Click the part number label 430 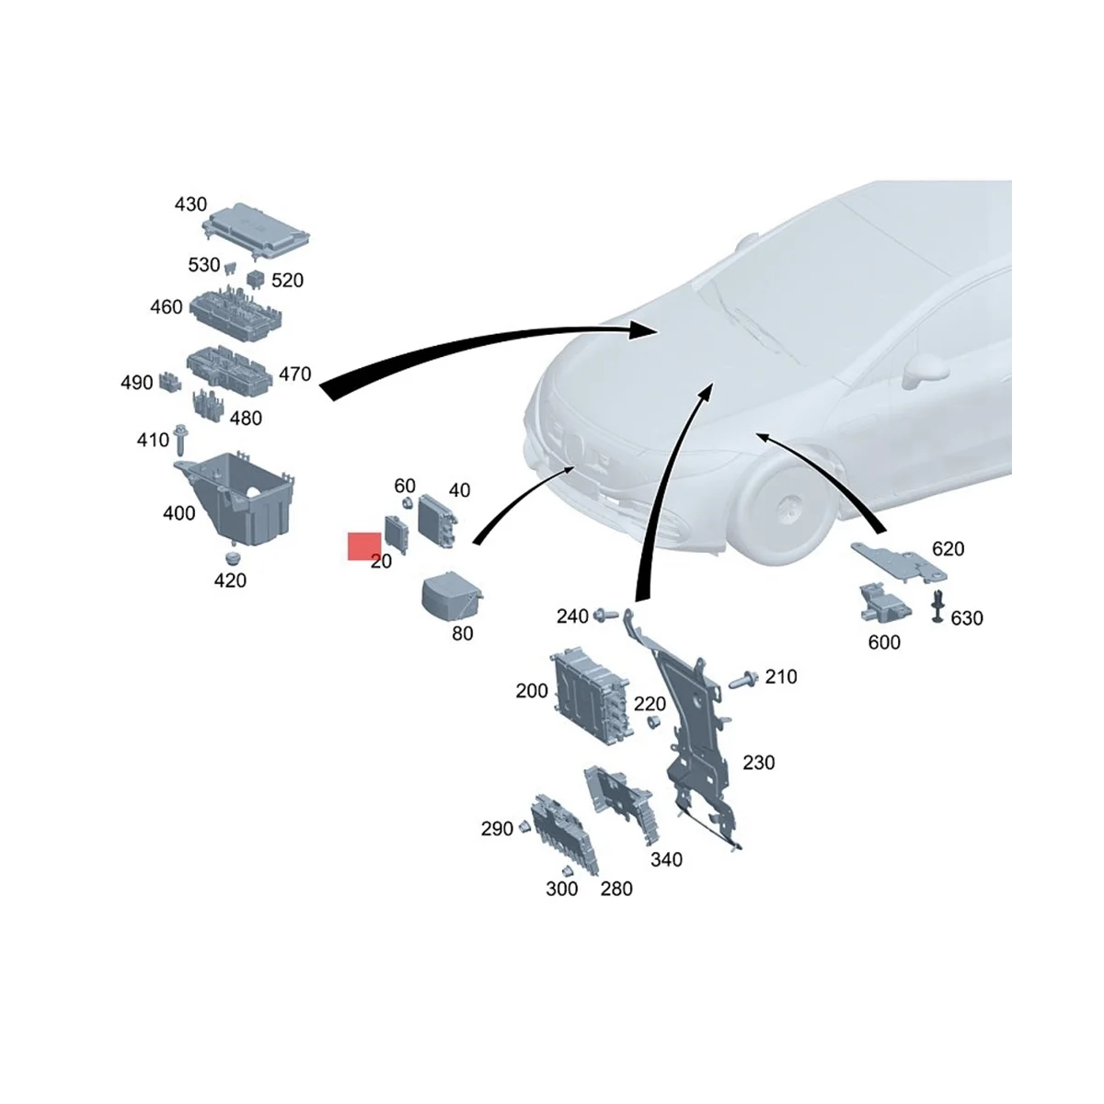190,204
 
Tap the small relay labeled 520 255,275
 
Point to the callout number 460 167,306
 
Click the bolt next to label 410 180,439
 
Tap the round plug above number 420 232,558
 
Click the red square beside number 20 364,546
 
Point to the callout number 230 758,763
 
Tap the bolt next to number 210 742,682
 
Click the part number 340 666,859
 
